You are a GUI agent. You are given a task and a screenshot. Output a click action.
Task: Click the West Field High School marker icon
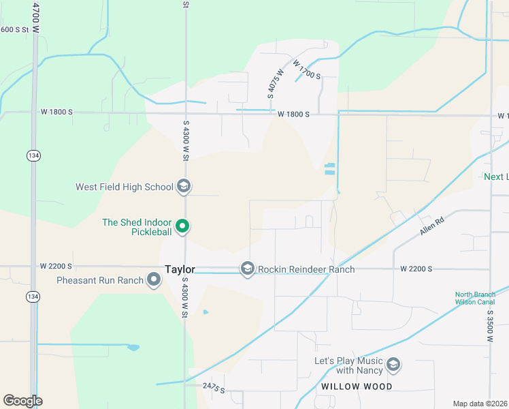[x=183, y=186]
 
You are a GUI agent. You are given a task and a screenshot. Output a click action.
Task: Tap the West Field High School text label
[x=124, y=187]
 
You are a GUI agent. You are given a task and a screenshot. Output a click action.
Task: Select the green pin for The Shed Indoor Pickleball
[x=182, y=226]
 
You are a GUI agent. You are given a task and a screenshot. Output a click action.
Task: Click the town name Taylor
[x=180, y=269]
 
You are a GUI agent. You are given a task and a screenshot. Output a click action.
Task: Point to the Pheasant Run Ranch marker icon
[x=154, y=279]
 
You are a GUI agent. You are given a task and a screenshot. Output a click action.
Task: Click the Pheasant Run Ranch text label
[x=100, y=280]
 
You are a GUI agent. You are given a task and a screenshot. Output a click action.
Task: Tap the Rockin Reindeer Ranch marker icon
[x=247, y=269]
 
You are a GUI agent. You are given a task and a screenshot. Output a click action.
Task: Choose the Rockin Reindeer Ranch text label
[x=306, y=269]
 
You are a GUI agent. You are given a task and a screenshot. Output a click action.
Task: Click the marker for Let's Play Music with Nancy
[x=393, y=365]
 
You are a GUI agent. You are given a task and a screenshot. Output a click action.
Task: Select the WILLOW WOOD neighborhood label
[x=357, y=387]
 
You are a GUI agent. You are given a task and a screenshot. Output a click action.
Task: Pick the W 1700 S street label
[x=306, y=70]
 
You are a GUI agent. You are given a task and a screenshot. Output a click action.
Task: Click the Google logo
[x=22, y=401]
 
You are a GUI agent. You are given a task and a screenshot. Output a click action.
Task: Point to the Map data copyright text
[x=480, y=404]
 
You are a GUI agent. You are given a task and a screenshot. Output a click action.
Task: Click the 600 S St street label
[x=16, y=29]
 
